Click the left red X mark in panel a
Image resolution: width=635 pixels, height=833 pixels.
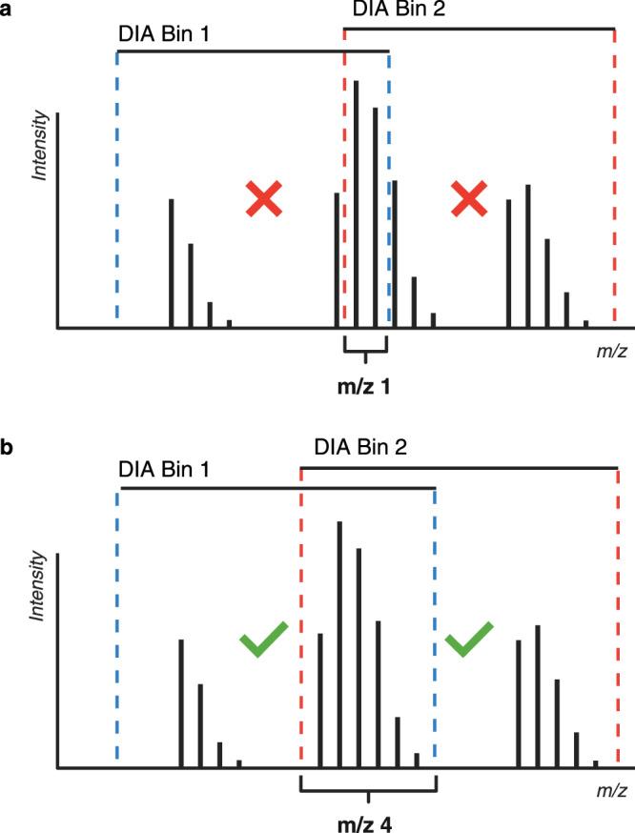(x=264, y=198)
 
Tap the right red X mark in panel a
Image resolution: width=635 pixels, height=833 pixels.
(x=469, y=198)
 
